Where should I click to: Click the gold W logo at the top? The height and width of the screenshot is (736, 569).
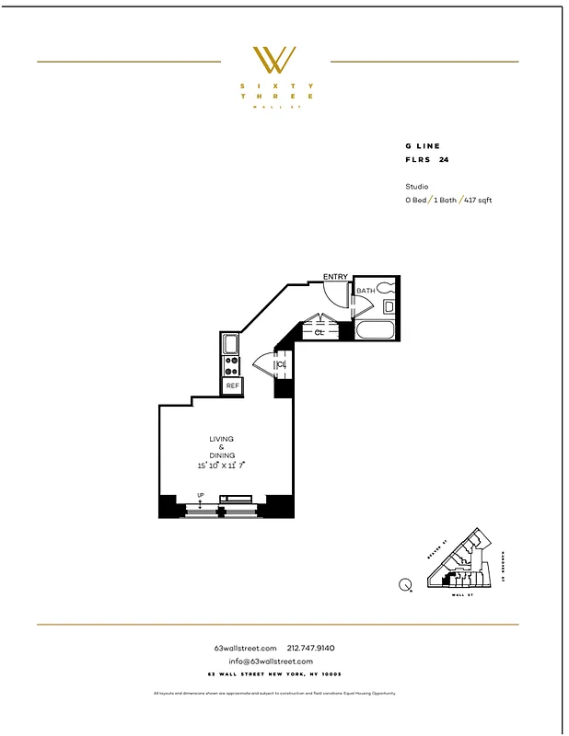274,60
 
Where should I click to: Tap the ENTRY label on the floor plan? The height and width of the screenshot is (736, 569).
336,276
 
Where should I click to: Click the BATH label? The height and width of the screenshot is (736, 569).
366,291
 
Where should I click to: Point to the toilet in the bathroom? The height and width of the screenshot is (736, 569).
389,287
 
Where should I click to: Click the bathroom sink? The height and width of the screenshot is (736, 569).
389,307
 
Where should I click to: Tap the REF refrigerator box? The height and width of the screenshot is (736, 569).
232,386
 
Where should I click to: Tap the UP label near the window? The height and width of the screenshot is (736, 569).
200,496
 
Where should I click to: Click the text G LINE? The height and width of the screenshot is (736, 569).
423,146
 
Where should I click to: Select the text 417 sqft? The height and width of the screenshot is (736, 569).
478,200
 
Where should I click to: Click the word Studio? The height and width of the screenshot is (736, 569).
417,186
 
